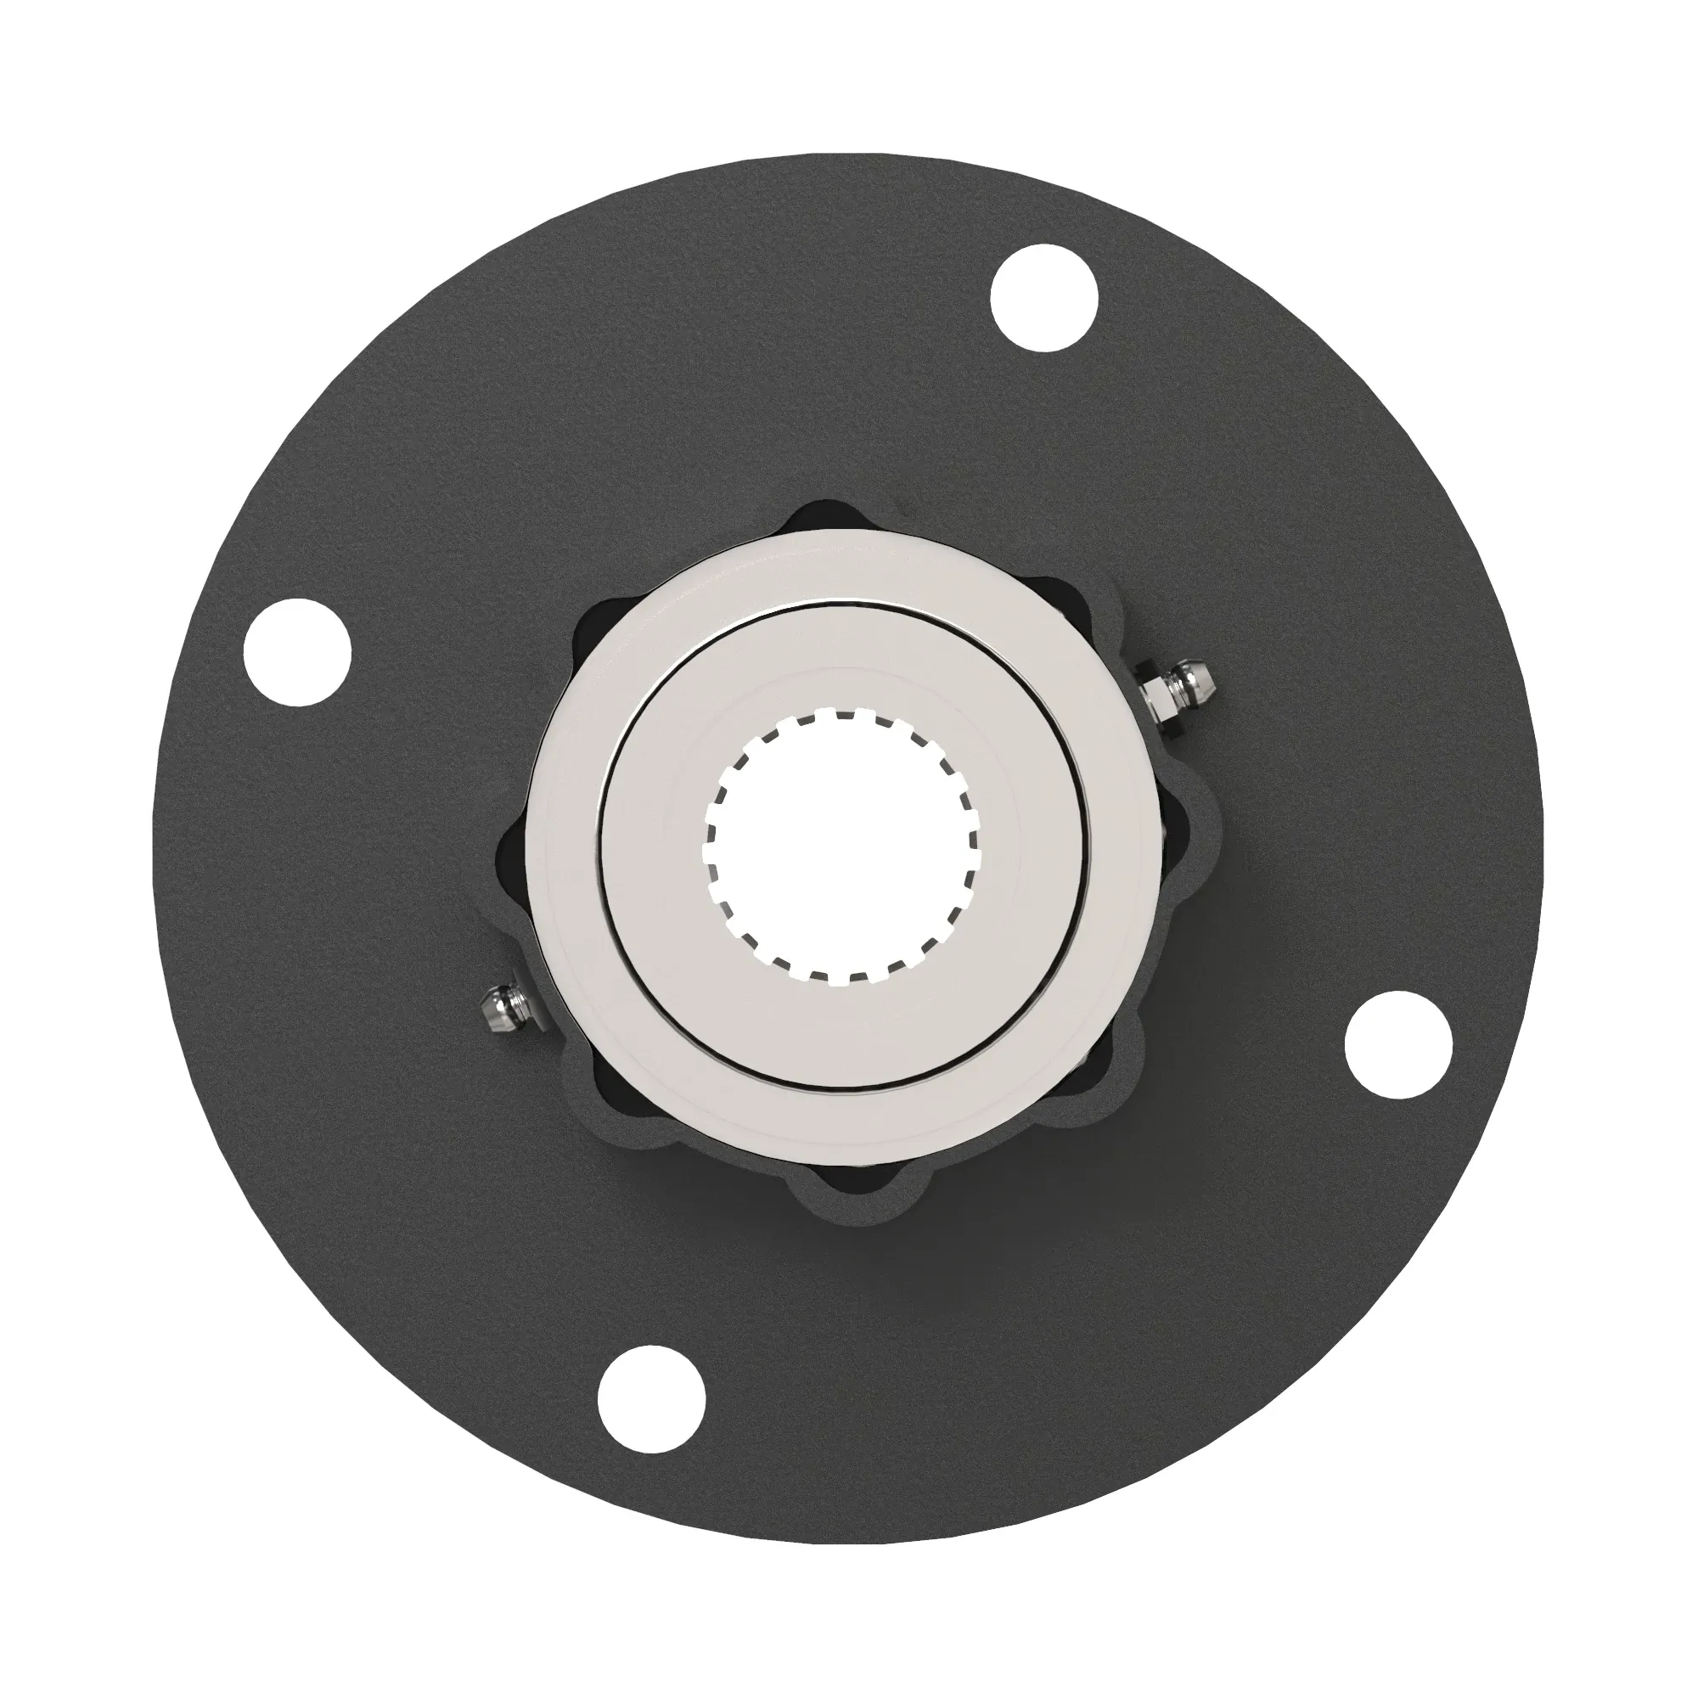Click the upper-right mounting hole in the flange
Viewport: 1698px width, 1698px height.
coord(1044,299)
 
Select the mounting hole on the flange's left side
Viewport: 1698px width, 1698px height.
coord(297,652)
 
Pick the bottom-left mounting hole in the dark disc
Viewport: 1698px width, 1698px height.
coord(651,1397)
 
